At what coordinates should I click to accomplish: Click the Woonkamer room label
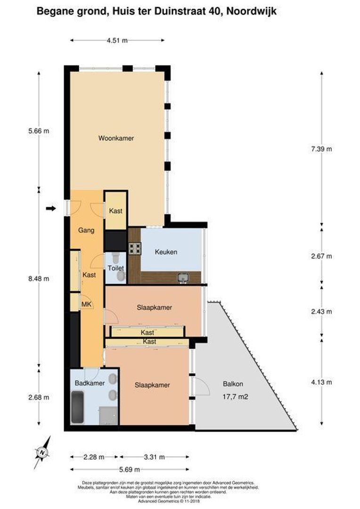pyautogui.click(x=116, y=139)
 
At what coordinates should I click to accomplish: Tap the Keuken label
pyautogui.click(x=166, y=252)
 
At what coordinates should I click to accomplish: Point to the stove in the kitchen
pyautogui.click(x=135, y=248)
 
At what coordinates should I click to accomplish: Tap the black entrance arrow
pyautogui.click(x=51, y=208)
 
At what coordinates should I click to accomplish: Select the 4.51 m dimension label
pyautogui.click(x=117, y=41)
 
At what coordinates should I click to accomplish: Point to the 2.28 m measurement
pyautogui.click(x=94, y=457)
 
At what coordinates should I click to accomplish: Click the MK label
pyautogui.click(x=86, y=304)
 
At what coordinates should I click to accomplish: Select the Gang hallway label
pyautogui.click(x=87, y=230)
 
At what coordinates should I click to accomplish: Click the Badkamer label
pyautogui.click(x=89, y=383)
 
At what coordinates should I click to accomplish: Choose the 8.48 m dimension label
pyautogui.click(x=39, y=279)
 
